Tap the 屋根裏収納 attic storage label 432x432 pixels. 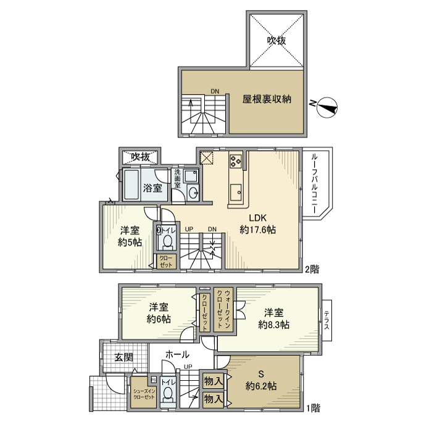[x=266, y=99]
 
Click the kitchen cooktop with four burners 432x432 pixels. [x=236, y=162]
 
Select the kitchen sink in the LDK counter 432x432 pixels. [x=236, y=195]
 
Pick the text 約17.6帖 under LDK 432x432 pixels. [x=257, y=230]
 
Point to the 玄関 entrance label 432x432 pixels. [x=123, y=357]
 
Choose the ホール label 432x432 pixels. [x=177, y=354]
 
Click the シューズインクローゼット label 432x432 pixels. [x=144, y=394]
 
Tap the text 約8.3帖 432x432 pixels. [x=274, y=325]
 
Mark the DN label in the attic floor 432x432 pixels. [x=214, y=92]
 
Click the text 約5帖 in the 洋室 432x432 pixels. [x=130, y=243]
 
